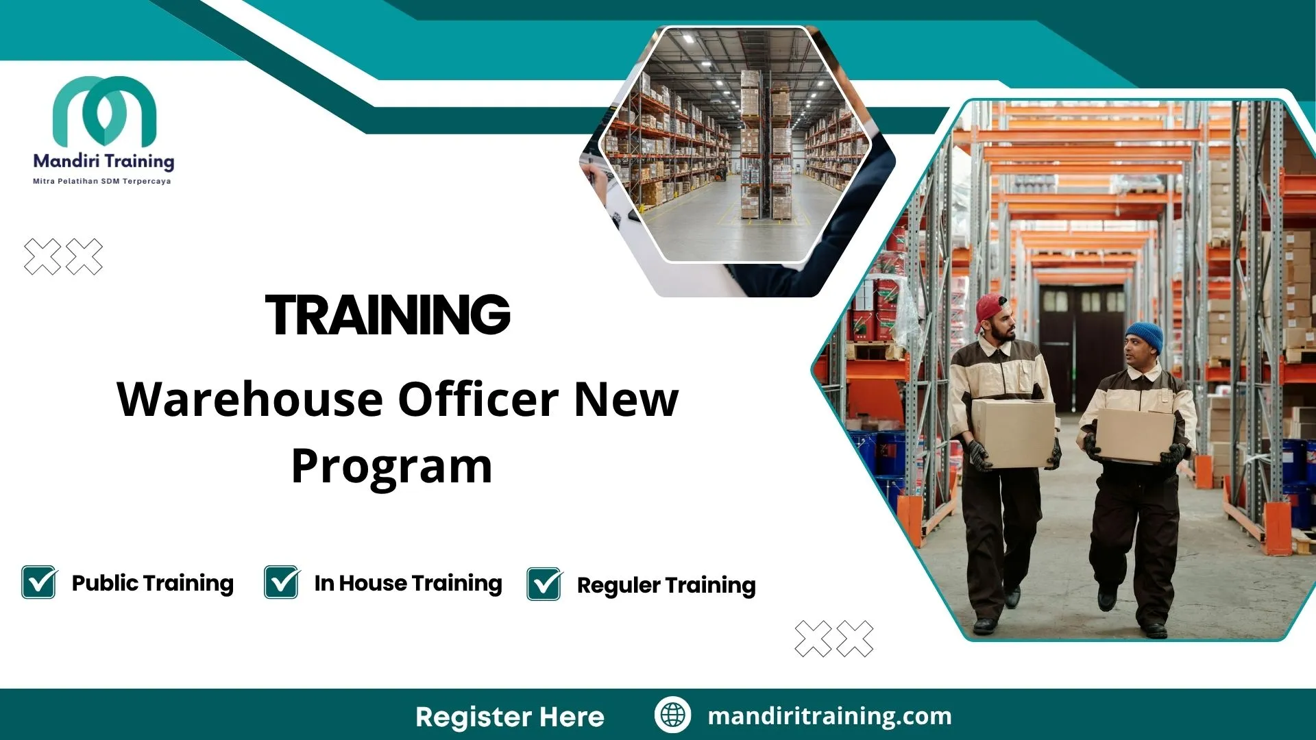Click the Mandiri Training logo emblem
(104, 111)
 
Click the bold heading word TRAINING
(388, 315)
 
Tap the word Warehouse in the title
(249, 400)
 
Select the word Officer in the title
(478, 400)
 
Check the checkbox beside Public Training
(39, 582)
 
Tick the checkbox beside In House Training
(282, 582)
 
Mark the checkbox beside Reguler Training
(544, 584)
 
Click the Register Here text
(510, 717)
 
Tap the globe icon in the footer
(672, 715)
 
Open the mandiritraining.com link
(829, 716)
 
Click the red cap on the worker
(990, 310)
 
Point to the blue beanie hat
(1145, 336)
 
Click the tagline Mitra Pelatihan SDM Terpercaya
(102, 182)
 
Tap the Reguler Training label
(666, 585)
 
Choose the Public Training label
(153, 583)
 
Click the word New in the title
(626, 400)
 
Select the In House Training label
(408, 583)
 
